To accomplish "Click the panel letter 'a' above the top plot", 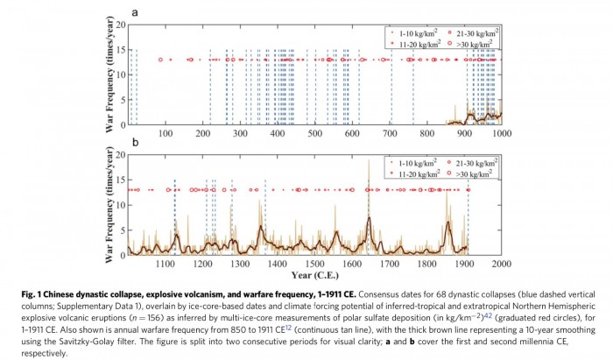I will tap(135, 12).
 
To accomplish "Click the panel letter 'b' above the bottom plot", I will tap(135, 142).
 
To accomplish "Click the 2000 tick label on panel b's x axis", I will tap(501, 263).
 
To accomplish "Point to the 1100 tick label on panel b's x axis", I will tap(165, 263).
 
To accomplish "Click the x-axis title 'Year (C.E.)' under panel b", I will tap(314, 275).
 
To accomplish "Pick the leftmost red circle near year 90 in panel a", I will tap(161, 60).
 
